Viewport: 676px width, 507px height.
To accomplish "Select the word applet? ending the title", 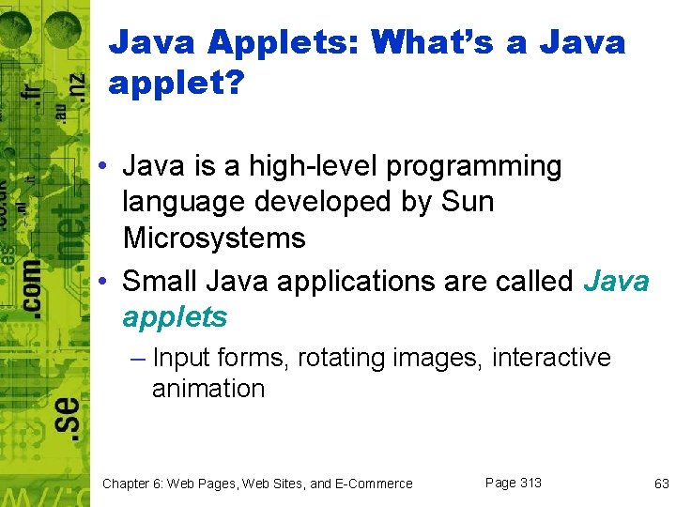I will [x=177, y=84].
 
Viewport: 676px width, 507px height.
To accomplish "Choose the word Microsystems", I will [x=214, y=238].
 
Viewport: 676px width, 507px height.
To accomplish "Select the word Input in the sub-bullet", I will [x=182, y=358].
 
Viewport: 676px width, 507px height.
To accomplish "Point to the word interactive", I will [x=551, y=358].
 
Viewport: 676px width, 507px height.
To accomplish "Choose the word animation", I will [x=208, y=388].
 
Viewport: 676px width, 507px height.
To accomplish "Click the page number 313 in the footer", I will [x=530, y=483].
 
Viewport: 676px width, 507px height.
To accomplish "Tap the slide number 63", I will [x=661, y=484].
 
